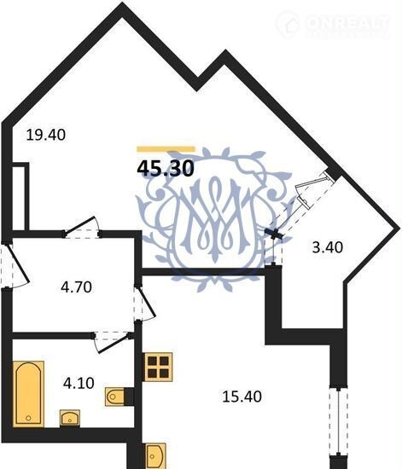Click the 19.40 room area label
click(x=46, y=135)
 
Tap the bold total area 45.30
click(x=166, y=168)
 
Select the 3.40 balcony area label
click(x=328, y=247)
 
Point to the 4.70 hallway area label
click(x=76, y=287)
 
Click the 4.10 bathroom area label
click(x=79, y=383)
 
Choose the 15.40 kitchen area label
click(x=242, y=397)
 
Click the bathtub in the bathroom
click(x=28, y=394)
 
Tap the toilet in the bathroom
click(x=116, y=397)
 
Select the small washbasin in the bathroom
click(x=70, y=418)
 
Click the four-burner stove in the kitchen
click(x=158, y=367)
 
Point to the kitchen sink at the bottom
click(x=155, y=456)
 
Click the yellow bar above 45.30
click(x=166, y=149)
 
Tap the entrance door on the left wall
click(x=15, y=265)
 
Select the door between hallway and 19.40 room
click(x=82, y=227)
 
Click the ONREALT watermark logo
click(x=332, y=24)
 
